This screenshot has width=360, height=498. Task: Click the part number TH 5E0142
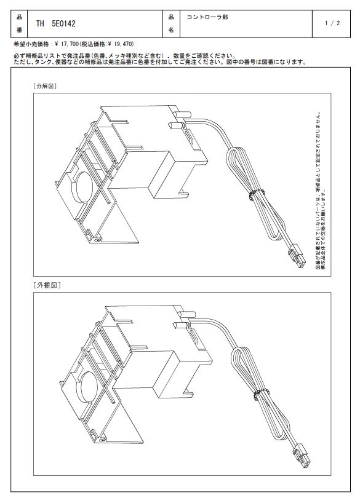click(x=55, y=23)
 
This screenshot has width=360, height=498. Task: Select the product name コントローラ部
click(x=207, y=17)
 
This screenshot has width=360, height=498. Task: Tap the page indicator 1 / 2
click(x=332, y=23)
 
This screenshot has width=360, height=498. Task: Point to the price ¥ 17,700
click(x=66, y=44)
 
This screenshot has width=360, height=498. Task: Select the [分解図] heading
click(x=44, y=86)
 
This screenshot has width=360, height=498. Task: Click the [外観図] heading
click(x=46, y=285)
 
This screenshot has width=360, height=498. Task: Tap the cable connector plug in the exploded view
click(x=297, y=256)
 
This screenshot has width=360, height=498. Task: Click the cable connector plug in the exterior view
click(x=302, y=456)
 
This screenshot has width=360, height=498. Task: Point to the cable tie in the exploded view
click(x=257, y=194)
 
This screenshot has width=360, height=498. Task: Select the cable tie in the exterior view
click(x=261, y=394)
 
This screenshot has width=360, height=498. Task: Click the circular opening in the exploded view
click(x=82, y=188)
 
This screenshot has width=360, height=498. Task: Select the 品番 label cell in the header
click(x=20, y=24)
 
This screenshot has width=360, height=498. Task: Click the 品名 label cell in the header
click(x=171, y=24)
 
